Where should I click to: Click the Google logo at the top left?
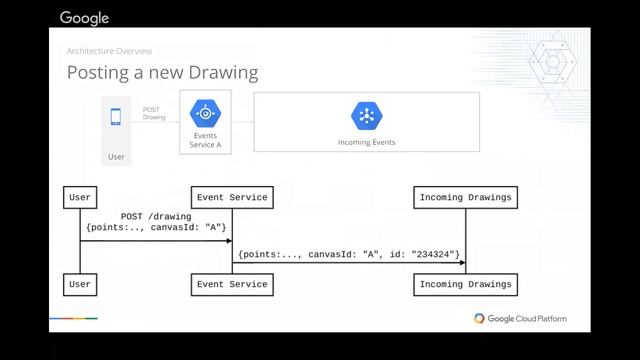[84, 17]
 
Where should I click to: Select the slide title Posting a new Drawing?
[162, 72]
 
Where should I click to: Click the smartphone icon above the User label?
[116, 117]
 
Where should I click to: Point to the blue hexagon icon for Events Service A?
[204, 113]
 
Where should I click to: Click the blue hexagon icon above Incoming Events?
[366, 116]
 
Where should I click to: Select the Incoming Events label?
[366, 142]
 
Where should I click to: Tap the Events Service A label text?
[204, 140]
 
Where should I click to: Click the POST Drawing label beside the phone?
[153, 113]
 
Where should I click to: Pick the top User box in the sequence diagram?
[80, 198]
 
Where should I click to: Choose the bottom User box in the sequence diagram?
[80, 284]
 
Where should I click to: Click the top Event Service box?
[231, 198]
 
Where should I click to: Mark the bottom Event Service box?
[231, 284]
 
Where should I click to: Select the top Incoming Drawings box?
[465, 198]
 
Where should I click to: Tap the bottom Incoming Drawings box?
[465, 284]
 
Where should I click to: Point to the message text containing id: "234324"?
[348, 255]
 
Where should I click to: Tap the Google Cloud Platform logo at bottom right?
[520, 319]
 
